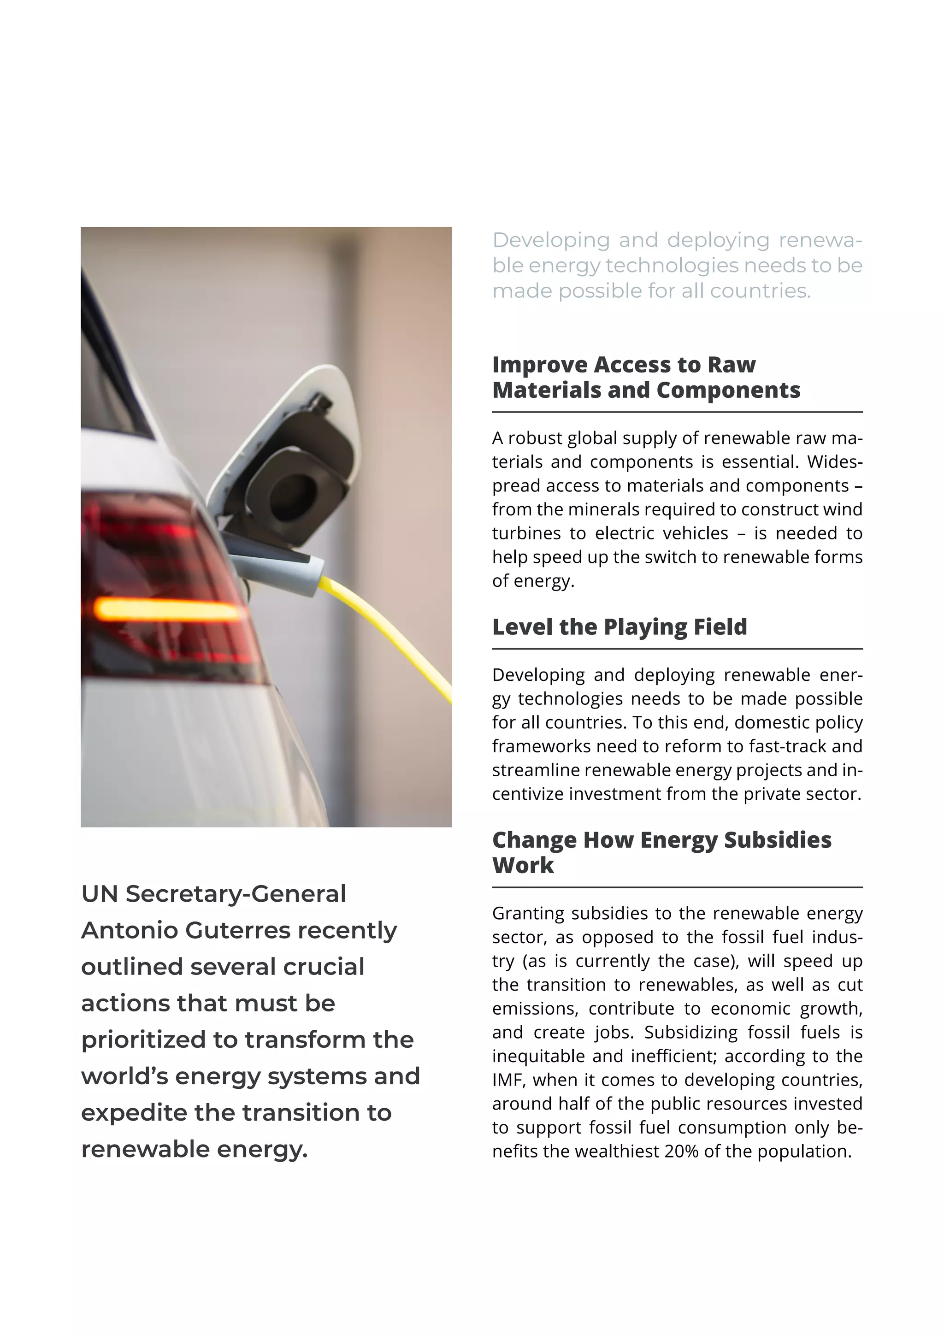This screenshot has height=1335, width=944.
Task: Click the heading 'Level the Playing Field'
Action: (x=619, y=627)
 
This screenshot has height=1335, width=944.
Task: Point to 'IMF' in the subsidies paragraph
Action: (x=508, y=1080)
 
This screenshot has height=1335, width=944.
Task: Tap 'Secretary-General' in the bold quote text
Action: (x=236, y=894)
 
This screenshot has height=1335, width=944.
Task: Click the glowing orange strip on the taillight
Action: (x=169, y=609)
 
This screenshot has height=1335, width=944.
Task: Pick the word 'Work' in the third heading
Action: (x=523, y=865)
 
